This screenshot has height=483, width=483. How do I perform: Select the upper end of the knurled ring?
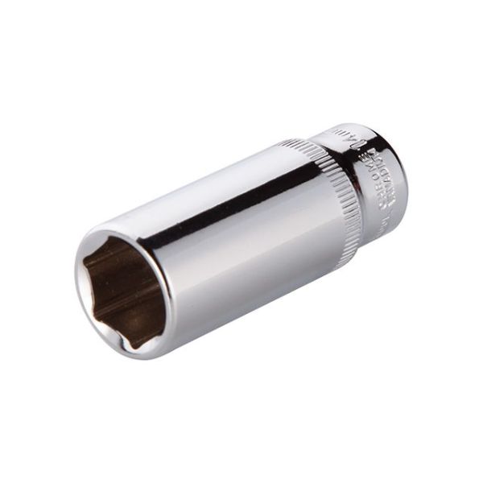(298, 145)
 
